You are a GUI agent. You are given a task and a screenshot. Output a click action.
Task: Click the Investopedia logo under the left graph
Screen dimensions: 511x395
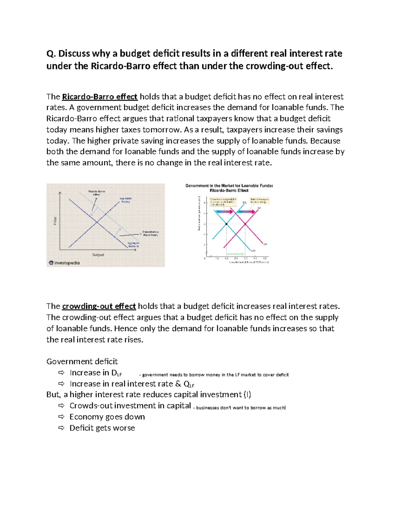(64, 263)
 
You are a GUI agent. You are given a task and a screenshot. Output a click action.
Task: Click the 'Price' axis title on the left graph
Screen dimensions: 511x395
(55, 221)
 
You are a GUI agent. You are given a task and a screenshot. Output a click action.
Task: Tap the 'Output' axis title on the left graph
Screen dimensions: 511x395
(98, 255)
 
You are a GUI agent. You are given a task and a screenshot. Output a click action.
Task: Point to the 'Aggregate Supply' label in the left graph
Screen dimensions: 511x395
(125, 200)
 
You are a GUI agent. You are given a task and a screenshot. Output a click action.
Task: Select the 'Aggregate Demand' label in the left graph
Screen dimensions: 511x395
(133, 244)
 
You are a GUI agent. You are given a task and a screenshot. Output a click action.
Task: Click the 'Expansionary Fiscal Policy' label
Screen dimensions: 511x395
(150, 233)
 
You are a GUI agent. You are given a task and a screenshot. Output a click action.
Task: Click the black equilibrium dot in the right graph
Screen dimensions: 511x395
(226, 224)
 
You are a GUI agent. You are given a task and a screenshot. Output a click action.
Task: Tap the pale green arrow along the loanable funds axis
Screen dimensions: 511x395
(235, 254)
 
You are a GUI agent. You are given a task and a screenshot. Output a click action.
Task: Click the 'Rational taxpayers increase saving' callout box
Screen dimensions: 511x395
(260, 200)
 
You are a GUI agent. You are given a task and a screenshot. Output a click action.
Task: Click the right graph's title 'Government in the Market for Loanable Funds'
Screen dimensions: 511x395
(229, 186)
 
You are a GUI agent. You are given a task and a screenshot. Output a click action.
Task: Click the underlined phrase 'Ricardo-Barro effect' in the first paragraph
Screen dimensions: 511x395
(99, 97)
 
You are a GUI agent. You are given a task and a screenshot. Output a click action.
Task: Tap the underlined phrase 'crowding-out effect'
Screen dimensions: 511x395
(99, 306)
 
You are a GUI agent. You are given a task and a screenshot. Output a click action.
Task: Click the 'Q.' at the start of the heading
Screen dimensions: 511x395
(50, 53)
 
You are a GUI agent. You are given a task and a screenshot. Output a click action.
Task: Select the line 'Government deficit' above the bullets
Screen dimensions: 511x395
(82, 362)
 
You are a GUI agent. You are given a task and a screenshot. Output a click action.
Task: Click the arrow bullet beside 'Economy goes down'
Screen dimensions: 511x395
(61, 417)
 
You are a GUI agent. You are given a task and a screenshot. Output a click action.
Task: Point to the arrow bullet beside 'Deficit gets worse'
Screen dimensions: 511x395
(61, 428)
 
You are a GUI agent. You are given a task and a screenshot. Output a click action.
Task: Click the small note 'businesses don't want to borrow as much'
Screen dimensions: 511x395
(241, 408)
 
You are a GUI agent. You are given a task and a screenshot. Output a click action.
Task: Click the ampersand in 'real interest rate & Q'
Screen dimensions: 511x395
(178, 384)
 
